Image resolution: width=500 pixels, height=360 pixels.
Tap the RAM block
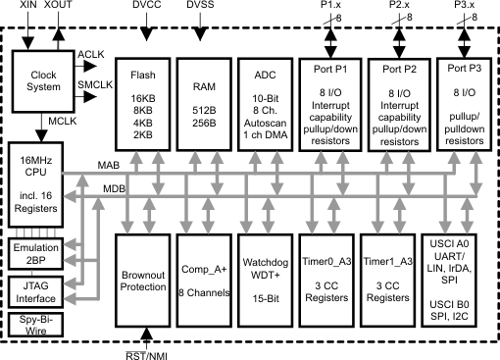click(205, 104)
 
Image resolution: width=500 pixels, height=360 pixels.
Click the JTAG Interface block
click(33, 290)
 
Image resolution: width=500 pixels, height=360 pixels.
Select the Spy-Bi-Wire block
click(33, 325)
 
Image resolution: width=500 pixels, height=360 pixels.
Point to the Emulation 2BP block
click(33, 254)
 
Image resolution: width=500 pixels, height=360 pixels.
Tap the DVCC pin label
click(144, 7)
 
